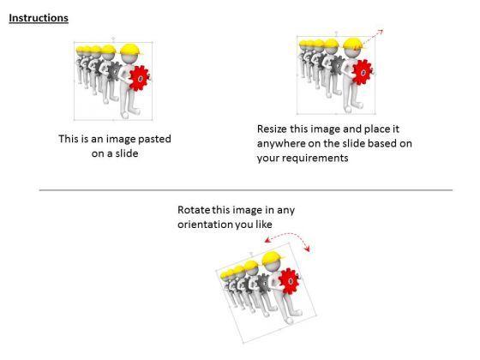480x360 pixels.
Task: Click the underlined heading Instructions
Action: (x=39, y=18)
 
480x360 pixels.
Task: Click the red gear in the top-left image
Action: (x=140, y=78)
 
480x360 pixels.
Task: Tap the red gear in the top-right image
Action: (x=363, y=72)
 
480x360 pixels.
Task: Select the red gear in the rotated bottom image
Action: (x=290, y=281)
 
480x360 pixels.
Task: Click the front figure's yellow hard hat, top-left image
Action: (x=132, y=50)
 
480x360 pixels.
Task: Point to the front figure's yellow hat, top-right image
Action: (x=355, y=44)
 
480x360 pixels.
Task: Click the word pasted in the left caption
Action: (x=154, y=139)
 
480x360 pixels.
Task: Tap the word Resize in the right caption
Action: (x=273, y=129)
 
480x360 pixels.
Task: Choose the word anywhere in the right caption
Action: (x=281, y=144)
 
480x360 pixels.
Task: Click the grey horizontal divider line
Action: (x=246, y=190)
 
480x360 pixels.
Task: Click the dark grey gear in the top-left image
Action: (x=115, y=71)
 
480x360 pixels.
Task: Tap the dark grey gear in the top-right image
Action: (x=338, y=65)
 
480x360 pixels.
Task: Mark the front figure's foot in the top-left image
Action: (x=125, y=115)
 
